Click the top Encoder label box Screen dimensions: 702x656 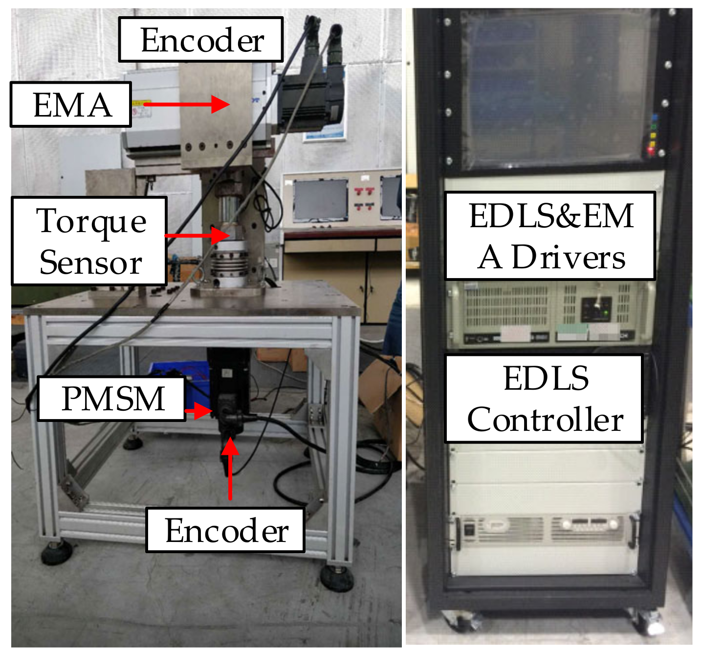click(200, 40)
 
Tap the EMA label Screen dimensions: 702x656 click(71, 105)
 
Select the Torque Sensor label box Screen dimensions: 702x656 click(89, 241)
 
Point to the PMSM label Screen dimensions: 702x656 click(112, 398)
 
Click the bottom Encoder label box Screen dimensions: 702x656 click(225, 531)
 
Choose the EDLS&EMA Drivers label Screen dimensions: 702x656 click(550, 236)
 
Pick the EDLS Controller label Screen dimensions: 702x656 click(544, 399)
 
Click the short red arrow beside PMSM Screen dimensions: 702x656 click(198, 411)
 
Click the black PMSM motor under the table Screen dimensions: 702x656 click(228, 387)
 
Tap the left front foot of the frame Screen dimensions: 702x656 click(56, 552)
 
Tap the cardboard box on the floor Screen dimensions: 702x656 click(384, 411)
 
